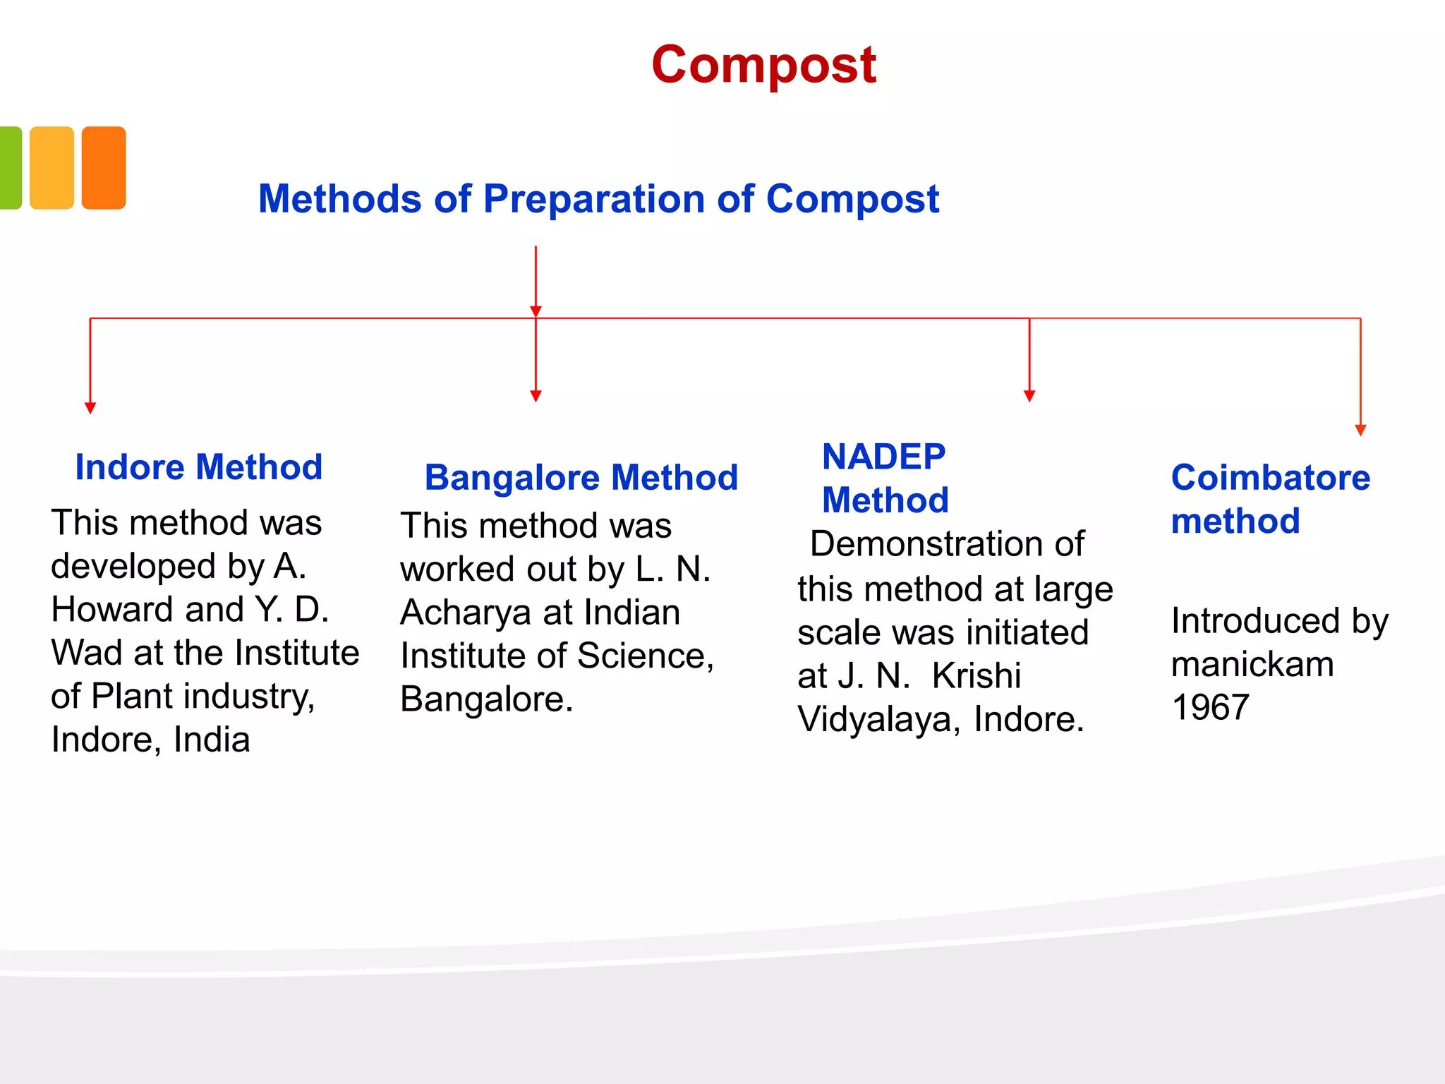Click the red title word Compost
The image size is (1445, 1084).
pos(763,65)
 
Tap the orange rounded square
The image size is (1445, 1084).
pos(104,168)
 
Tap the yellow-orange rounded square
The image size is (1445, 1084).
pos(52,168)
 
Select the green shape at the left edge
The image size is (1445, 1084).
pos(10,168)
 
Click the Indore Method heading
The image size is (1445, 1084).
pos(198,467)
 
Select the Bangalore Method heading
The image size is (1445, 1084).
pos(581,478)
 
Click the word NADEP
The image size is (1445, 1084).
pos(883,457)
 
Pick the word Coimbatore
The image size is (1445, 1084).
pos(1270,478)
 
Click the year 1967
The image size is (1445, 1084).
pos(1210,707)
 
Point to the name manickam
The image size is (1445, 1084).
pos(1252,664)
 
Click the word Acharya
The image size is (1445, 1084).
pos(466,613)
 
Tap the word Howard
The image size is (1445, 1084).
pos(112,609)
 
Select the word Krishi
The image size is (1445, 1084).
pos(976,676)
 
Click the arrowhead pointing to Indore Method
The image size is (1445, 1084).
pos(90,408)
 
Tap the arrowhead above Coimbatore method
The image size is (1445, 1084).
pos(1360,430)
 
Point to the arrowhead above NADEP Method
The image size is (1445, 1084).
pos(1029,396)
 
